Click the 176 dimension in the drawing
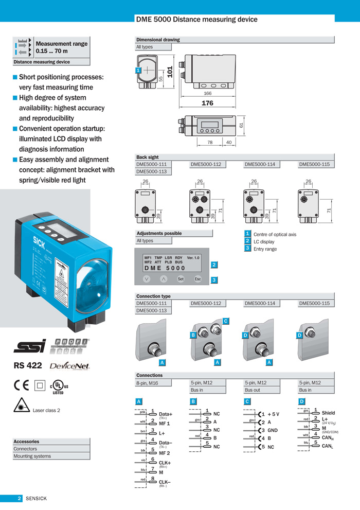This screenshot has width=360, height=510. [207, 103]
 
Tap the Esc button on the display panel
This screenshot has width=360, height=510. [197, 279]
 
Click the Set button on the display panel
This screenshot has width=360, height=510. [181, 279]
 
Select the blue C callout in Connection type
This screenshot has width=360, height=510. [225, 321]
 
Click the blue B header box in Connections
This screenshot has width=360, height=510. [193, 401]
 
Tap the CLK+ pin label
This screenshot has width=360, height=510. [165, 463]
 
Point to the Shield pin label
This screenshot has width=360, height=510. [328, 413]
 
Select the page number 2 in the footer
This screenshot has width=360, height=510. [19, 498]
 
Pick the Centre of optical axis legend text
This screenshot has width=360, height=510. [275, 234]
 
